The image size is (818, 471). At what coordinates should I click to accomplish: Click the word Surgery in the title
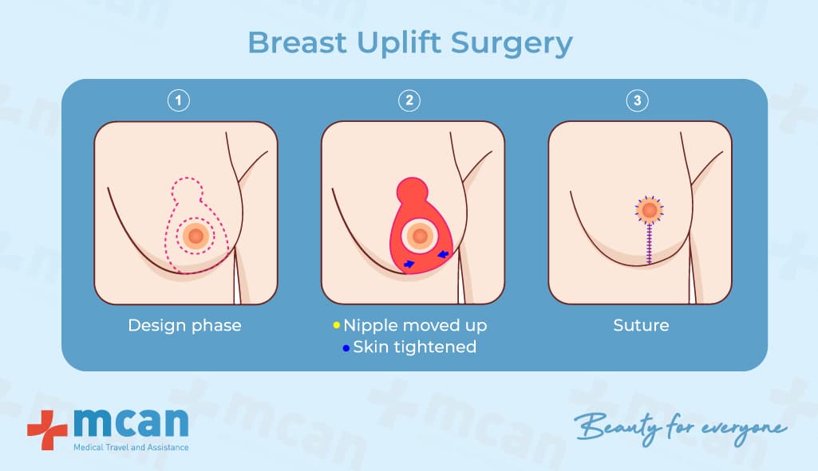click(x=512, y=44)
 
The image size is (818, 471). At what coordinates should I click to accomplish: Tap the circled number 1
click(x=179, y=100)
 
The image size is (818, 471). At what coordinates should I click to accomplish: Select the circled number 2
click(x=409, y=100)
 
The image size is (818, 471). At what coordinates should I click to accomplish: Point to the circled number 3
click(x=637, y=100)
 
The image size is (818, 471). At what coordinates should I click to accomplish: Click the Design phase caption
click(x=184, y=326)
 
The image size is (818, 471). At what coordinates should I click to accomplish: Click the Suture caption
click(x=641, y=325)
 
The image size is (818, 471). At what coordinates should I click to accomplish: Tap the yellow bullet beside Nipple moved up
click(x=337, y=325)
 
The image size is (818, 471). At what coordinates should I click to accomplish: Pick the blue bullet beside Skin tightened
click(x=346, y=347)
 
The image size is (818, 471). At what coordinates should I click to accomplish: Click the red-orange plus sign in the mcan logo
click(x=47, y=430)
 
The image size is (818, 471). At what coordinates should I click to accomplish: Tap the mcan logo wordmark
click(x=131, y=422)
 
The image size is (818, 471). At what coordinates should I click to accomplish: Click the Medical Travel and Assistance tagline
click(x=131, y=448)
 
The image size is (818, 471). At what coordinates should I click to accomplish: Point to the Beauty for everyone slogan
click(x=680, y=428)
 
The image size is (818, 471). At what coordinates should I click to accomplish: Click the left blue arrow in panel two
click(x=409, y=264)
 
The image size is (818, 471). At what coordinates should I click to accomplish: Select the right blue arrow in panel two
click(x=443, y=254)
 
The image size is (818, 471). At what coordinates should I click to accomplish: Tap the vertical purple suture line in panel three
click(x=649, y=244)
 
